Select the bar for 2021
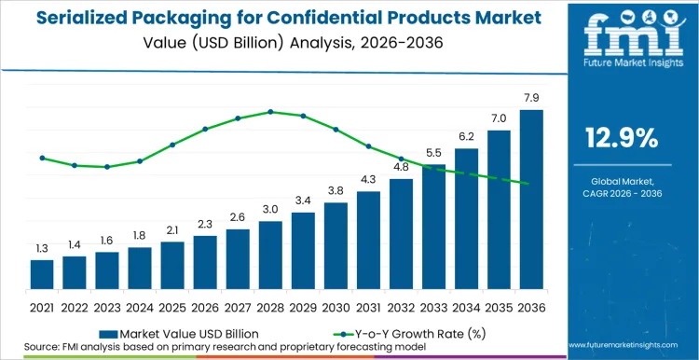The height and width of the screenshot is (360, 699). point(42,274)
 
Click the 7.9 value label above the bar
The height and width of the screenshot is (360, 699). point(531,99)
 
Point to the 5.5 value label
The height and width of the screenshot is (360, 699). point(433,153)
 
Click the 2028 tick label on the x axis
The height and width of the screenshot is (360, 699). point(270,306)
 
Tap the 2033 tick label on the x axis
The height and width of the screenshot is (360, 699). point(433,306)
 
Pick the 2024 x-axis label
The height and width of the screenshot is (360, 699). point(140,306)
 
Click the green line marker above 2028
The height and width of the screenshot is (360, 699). point(270,112)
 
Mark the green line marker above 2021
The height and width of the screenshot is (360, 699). point(42,158)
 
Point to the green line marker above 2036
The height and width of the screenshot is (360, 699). point(528,184)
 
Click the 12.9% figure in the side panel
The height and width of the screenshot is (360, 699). point(621,138)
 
